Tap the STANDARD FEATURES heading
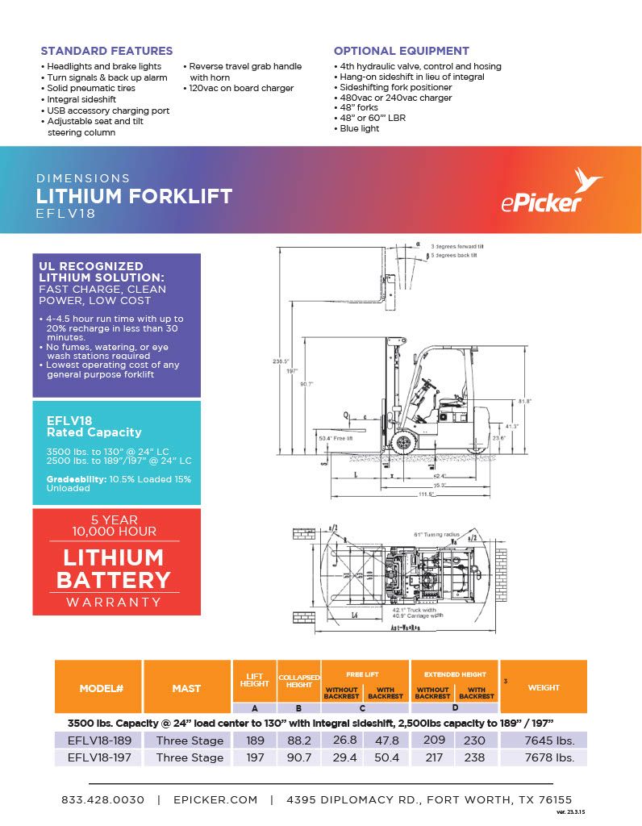click(x=106, y=51)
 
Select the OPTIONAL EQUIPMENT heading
click(x=401, y=51)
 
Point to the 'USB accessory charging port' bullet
click(x=108, y=111)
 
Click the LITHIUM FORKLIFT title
click(x=134, y=196)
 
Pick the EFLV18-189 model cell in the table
click(x=94, y=740)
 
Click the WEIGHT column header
click(x=544, y=687)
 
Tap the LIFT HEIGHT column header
click(x=255, y=680)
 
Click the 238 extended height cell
click(x=476, y=757)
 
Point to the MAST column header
click(x=186, y=688)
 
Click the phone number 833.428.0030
click(x=103, y=799)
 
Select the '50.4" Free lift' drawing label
click(x=336, y=438)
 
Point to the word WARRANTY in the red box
click(x=113, y=602)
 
